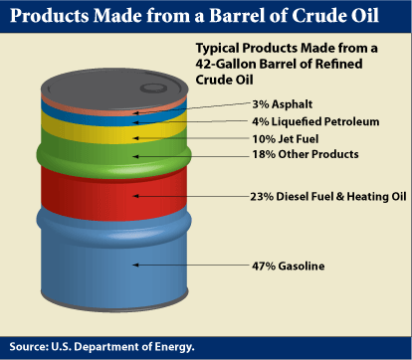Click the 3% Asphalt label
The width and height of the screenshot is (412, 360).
pyautogui.click(x=283, y=104)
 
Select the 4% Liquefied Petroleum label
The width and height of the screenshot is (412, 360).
pyautogui.click(x=315, y=121)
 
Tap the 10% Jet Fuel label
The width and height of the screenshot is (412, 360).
pyautogui.click(x=286, y=139)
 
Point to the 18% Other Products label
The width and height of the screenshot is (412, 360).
pyautogui.click(x=306, y=154)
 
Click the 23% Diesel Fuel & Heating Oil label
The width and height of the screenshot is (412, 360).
pyautogui.click(x=328, y=197)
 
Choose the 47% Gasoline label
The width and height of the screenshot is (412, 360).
pyautogui.click(x=288, y=266)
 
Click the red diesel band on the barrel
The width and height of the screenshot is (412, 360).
pyautogui.click(x=113, y=194)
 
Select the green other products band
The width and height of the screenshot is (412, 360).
pyautogui.click(x=113, y=156)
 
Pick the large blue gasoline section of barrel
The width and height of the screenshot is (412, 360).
pyautogui.click(x=113, y=262)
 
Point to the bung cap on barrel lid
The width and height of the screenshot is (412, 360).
pyautogui.click(x=153, y=88)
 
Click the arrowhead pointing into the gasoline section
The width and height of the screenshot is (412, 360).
pyautogui.click(x=135, y=265)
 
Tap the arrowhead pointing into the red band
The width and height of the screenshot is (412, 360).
pyautogui.click(x=135, y=196)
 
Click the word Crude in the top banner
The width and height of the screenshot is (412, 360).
pyautogui.click(x=319, y=16)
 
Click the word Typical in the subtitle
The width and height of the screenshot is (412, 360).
pyautogui.click(x=217, y=49)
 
